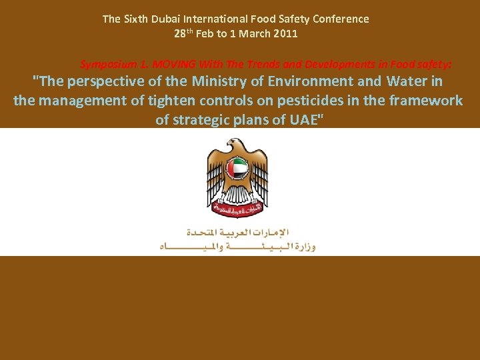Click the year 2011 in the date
click(285, 33)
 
